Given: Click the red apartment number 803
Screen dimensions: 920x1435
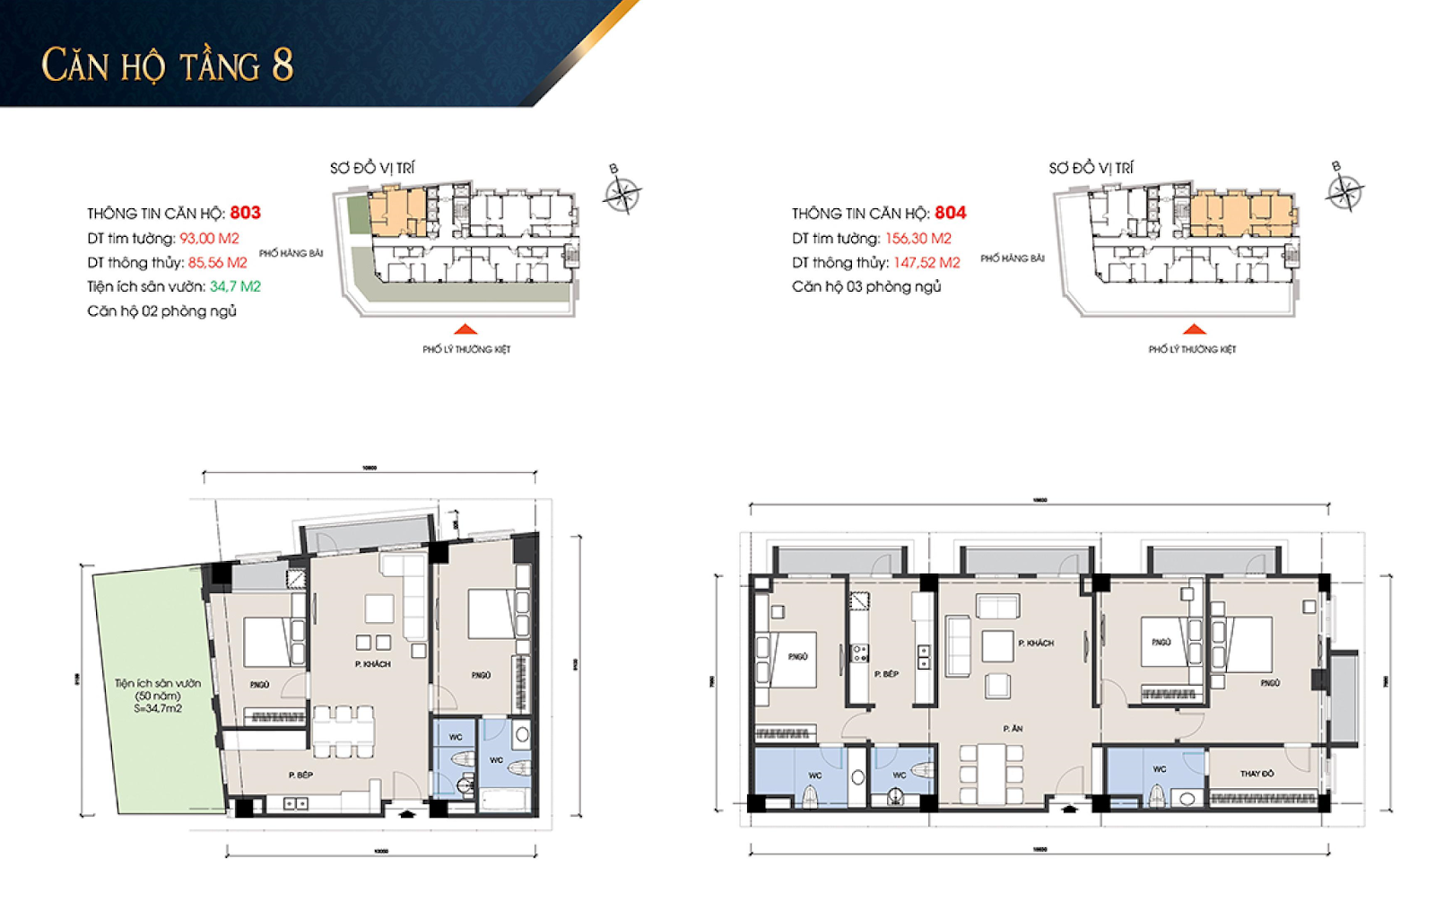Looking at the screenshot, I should (245, 213).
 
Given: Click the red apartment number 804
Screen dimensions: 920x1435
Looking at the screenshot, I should (950, 213).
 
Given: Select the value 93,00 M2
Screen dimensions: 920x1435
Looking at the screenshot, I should (209, 239).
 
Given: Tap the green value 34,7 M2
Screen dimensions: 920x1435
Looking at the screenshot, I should (235, 286).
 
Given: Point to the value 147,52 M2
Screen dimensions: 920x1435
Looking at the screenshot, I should (926, 263).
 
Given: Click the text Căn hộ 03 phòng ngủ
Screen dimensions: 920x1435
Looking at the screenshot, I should (866, 287).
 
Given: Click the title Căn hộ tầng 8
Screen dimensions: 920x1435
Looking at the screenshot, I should (168, 66).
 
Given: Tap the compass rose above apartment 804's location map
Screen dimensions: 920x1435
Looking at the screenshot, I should (1344, 190).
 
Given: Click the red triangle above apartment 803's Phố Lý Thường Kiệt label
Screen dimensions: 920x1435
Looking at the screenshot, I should (465, 329).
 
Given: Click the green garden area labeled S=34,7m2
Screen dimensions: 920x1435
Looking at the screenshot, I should (157, 696).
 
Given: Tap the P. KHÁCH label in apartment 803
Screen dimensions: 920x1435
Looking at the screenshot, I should (372, 664).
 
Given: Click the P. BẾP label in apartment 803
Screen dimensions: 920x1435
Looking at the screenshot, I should (300, 775).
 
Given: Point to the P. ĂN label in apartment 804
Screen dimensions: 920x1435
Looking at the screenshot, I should (1013, 729).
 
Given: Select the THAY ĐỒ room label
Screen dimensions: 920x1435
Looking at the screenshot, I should (1257, 773).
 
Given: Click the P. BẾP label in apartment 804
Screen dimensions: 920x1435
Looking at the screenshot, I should (886, 673).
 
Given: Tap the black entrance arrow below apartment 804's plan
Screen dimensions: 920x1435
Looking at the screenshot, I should (1068, 810).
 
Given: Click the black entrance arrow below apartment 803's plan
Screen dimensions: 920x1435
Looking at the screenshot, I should (407, 814).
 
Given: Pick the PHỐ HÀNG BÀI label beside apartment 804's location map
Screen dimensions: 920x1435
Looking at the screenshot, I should (1012, 258).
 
